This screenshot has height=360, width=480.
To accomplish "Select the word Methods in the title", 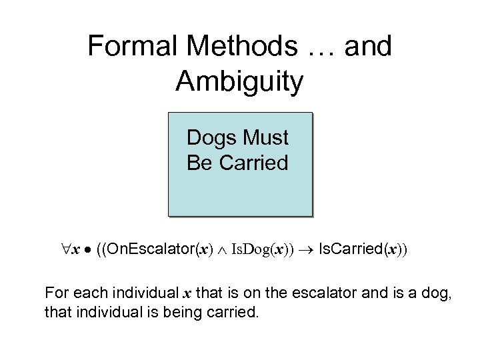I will coord(228,47).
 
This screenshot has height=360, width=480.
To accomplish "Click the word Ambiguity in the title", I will coord(240,81).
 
